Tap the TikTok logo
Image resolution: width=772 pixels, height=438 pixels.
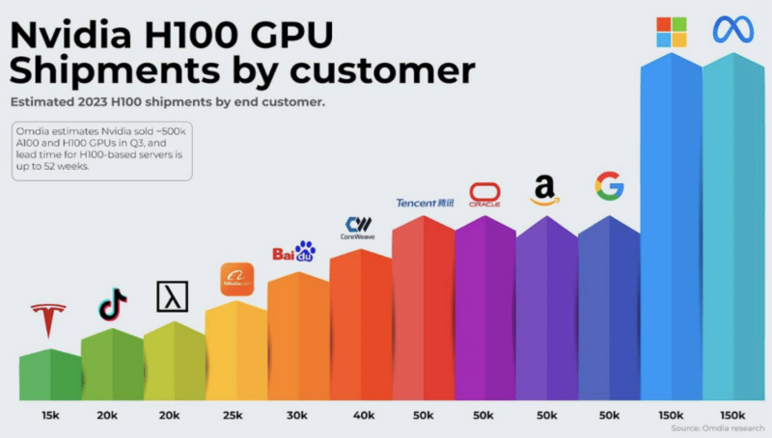[x=112, y=305]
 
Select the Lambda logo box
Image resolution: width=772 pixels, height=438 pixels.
[x=172, y=296]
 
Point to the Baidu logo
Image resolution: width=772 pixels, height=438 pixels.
[x=294, y=253]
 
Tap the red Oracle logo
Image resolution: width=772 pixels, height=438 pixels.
[x=484, y=196]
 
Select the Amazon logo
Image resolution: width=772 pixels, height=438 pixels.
[x=544, y=190]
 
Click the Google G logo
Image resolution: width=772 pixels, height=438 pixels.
[x=609, y=185]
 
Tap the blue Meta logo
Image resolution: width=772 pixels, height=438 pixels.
[x=732, y=30]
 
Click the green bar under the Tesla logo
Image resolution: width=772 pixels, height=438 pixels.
[x=50, y=376]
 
